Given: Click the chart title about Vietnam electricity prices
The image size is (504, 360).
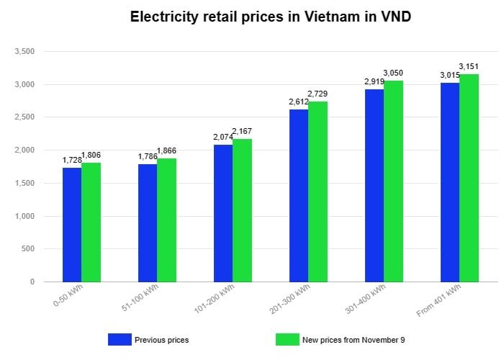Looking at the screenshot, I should (251, 17).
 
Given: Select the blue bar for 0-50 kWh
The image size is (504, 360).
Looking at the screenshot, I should (72, 225).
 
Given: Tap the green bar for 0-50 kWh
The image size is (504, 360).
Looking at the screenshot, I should (91, 222).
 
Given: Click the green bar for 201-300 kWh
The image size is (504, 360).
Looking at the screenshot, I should (318, 192).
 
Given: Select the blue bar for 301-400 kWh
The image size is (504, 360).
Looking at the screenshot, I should (374, 185).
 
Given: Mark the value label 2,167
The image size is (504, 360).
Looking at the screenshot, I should (243, 132).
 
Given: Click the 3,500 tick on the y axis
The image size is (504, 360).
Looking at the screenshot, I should (25, 52).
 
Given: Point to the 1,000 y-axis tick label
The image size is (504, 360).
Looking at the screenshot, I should (25, 216).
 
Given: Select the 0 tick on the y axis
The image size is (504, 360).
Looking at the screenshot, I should (32, 282).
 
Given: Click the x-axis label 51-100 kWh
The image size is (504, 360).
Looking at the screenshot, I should (142, 300).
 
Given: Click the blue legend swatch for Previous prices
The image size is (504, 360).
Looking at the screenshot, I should (119, 340).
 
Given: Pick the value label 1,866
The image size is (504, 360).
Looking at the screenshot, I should (167, 151).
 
